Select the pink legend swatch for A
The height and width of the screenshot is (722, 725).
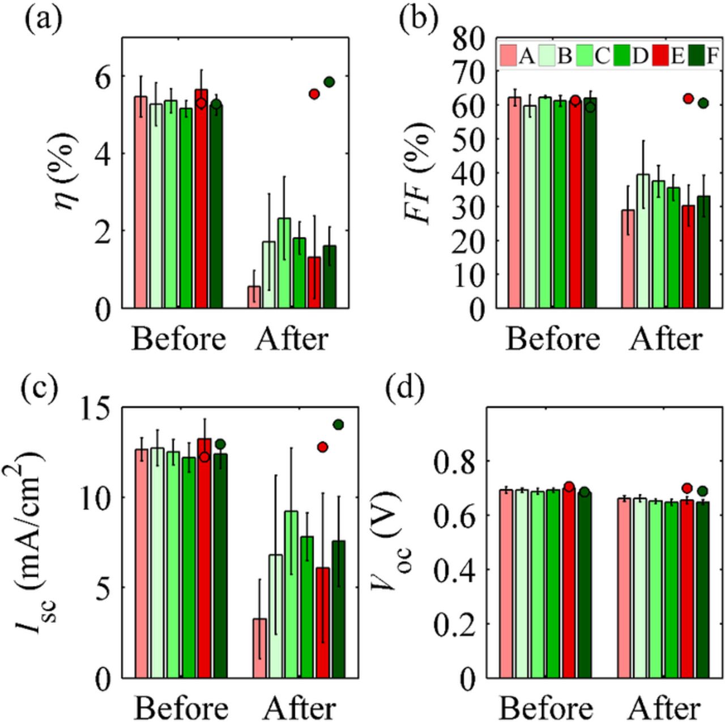508,56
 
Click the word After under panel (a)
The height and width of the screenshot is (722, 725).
292,340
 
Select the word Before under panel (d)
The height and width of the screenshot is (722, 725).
546,708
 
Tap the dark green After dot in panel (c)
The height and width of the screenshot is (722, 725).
339,425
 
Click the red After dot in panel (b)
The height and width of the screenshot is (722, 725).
688,99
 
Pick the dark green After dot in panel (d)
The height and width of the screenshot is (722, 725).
702,491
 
